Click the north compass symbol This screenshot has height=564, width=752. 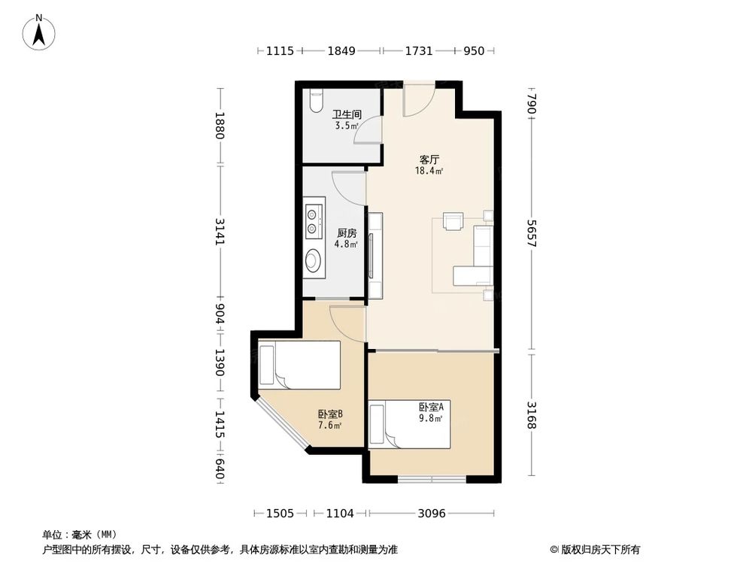coord(38,32)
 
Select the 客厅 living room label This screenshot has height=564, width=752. coord(429,159)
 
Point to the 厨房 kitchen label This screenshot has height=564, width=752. coord(347,232)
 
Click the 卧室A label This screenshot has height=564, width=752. coord(431,408)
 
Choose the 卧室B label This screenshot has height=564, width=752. coord(330,414)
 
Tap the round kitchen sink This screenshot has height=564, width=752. coord(314,261)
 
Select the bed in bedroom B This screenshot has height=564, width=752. coord(299,365)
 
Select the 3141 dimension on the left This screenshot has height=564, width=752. coord(220,231)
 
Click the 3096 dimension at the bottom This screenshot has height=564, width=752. coord(432,514)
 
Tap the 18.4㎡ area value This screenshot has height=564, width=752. coord(429,171)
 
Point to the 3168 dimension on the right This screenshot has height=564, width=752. coord(532,416)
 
